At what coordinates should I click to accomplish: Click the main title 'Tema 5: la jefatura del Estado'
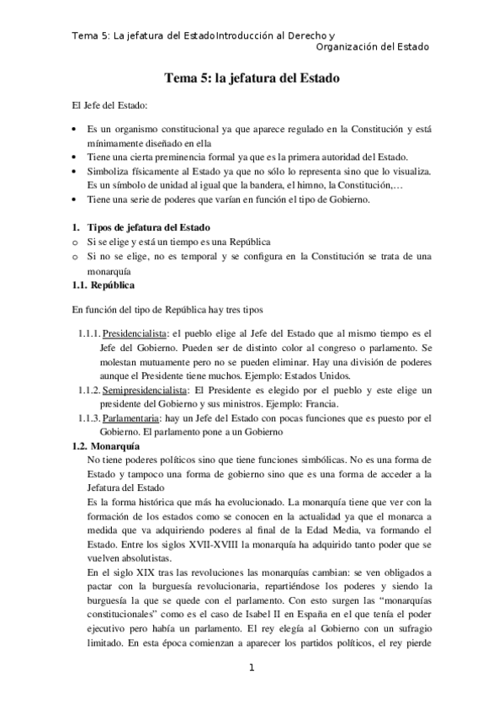click(x=252, y=79)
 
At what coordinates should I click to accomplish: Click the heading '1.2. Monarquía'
click(x=106, y=445)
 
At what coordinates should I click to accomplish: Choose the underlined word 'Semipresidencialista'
click(x=141, y=390)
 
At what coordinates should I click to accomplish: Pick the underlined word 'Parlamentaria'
click(x=131, y=418)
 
